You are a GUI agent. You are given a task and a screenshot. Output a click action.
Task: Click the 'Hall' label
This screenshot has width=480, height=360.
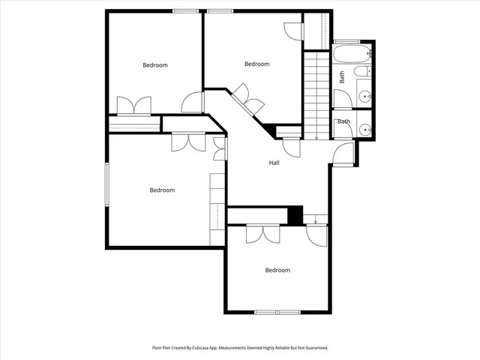[x=274, y=163]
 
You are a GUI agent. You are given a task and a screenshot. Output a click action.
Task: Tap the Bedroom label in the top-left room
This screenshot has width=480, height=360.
[x=155, y=65]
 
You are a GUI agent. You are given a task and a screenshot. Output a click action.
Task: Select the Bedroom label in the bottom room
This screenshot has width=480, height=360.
[x=277, y=270]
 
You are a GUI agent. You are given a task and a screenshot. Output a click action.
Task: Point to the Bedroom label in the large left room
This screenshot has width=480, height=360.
[x=162, y=190]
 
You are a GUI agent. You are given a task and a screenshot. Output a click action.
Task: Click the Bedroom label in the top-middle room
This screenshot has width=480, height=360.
[x=256, y=64]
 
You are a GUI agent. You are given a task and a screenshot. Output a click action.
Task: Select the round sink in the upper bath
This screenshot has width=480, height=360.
[x=364, y=96]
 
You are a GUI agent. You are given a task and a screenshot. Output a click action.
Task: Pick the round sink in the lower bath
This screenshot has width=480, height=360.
[x=365, y=129]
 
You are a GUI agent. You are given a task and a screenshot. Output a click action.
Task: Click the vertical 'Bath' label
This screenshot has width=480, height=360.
[x=342, y=76]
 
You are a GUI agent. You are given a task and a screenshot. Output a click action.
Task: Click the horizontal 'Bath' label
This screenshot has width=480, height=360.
[x=343, y=121]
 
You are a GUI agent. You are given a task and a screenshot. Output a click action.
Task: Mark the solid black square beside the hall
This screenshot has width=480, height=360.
[x=295, y=215]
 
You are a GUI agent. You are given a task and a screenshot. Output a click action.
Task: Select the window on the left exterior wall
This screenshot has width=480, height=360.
[x=107, y=183]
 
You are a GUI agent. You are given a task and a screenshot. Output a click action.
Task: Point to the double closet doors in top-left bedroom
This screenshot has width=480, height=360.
[x=133, y=106]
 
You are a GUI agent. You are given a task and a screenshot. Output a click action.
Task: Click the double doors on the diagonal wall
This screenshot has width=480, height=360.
[x=247, y=99]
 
